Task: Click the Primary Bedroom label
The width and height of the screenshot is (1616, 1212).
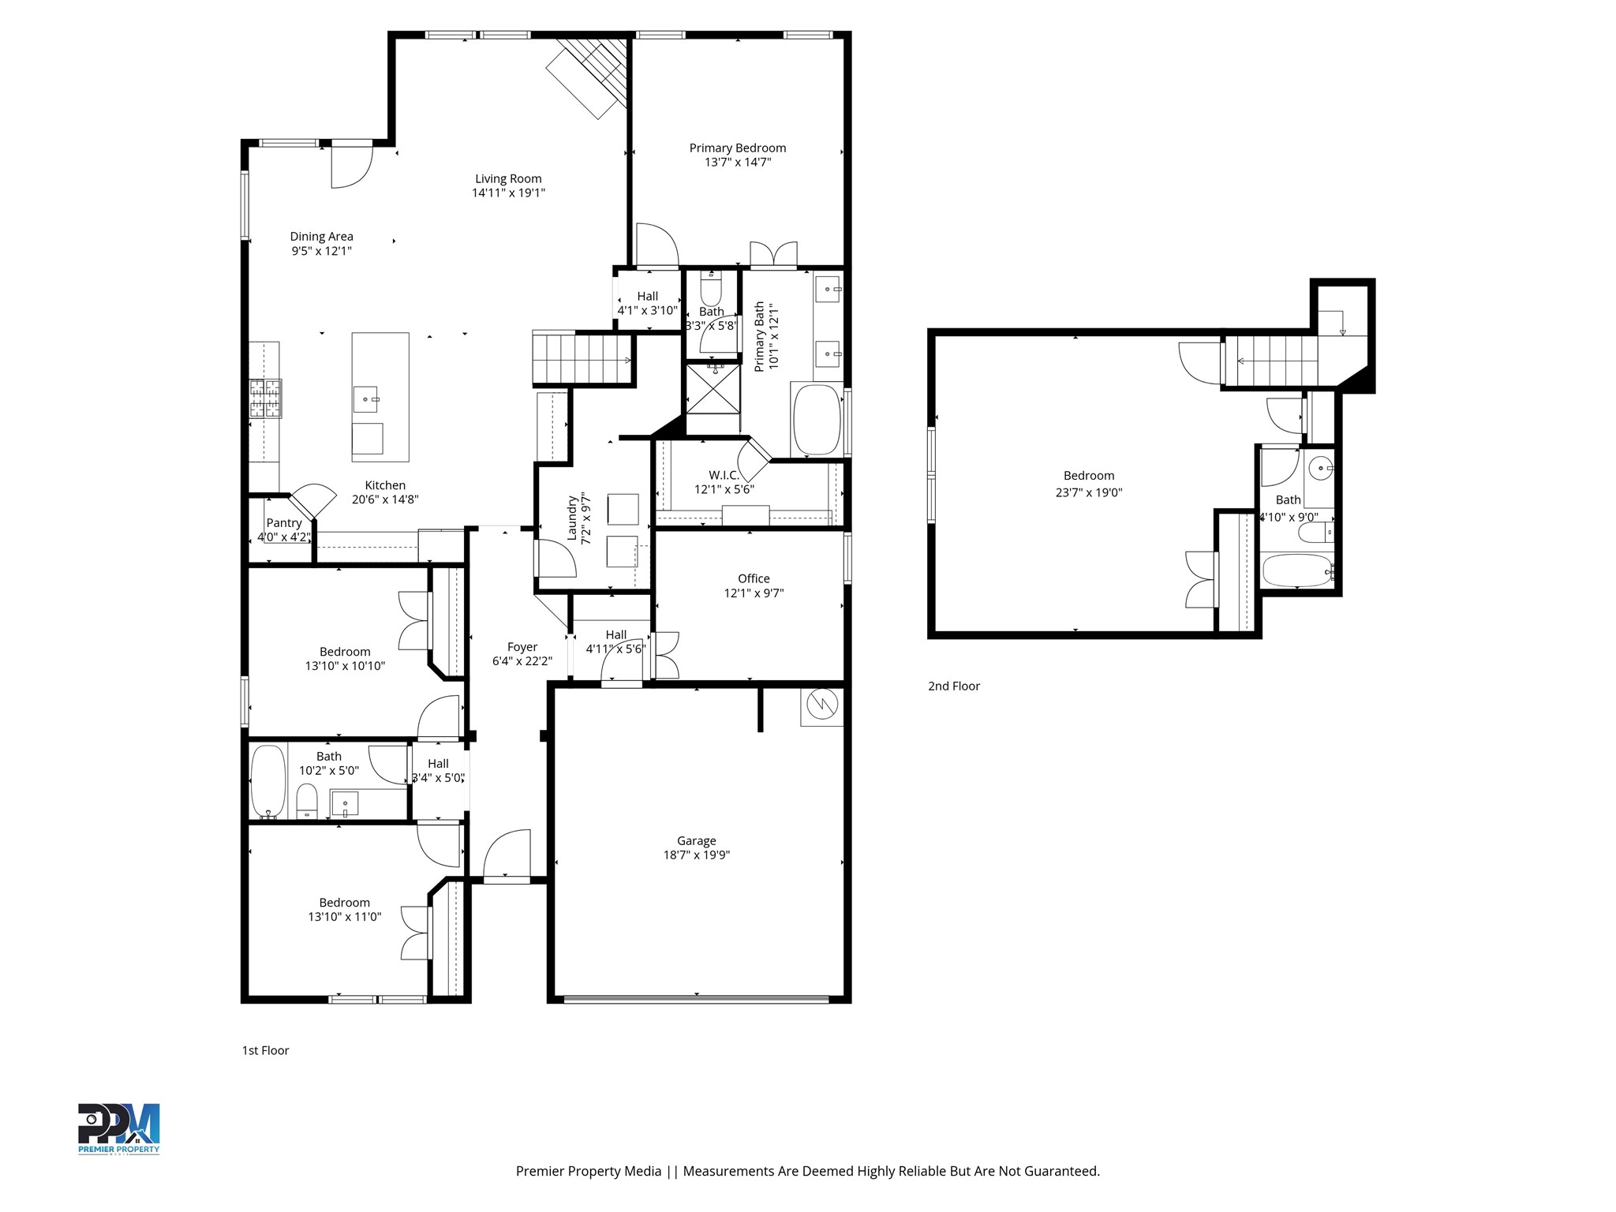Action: point(738,148)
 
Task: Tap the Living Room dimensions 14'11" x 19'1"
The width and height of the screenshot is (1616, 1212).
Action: point(508,193)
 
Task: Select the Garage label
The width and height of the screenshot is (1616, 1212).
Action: point(697,841)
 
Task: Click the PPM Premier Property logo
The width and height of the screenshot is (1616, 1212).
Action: point(118,1128)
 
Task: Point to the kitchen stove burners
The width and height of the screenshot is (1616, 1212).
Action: point(266,398)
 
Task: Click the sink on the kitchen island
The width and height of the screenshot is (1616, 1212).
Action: point(365,399)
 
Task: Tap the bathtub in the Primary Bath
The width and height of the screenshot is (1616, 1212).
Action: point(817,419)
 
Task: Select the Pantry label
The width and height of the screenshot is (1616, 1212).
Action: point(284,522)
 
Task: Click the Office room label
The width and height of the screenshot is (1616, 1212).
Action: point(754,578)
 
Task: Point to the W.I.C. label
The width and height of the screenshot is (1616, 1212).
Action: point(724,475)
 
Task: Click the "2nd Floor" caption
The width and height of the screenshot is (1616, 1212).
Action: point(954,686)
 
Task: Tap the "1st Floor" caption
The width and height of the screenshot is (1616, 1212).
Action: point(266,1050)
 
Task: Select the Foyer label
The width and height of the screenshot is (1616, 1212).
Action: point(522,647)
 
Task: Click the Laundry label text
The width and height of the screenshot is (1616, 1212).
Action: point(573,518)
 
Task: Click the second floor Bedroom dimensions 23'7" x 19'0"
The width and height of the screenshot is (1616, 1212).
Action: point(1089,492)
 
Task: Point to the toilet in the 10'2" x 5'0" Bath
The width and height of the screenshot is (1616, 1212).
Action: point(307,801)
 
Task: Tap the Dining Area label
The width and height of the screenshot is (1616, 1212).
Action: point(322,237)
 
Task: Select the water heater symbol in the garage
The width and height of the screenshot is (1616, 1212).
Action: point(821,705)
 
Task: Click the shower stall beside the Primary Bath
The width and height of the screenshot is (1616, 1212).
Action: point(713,387)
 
